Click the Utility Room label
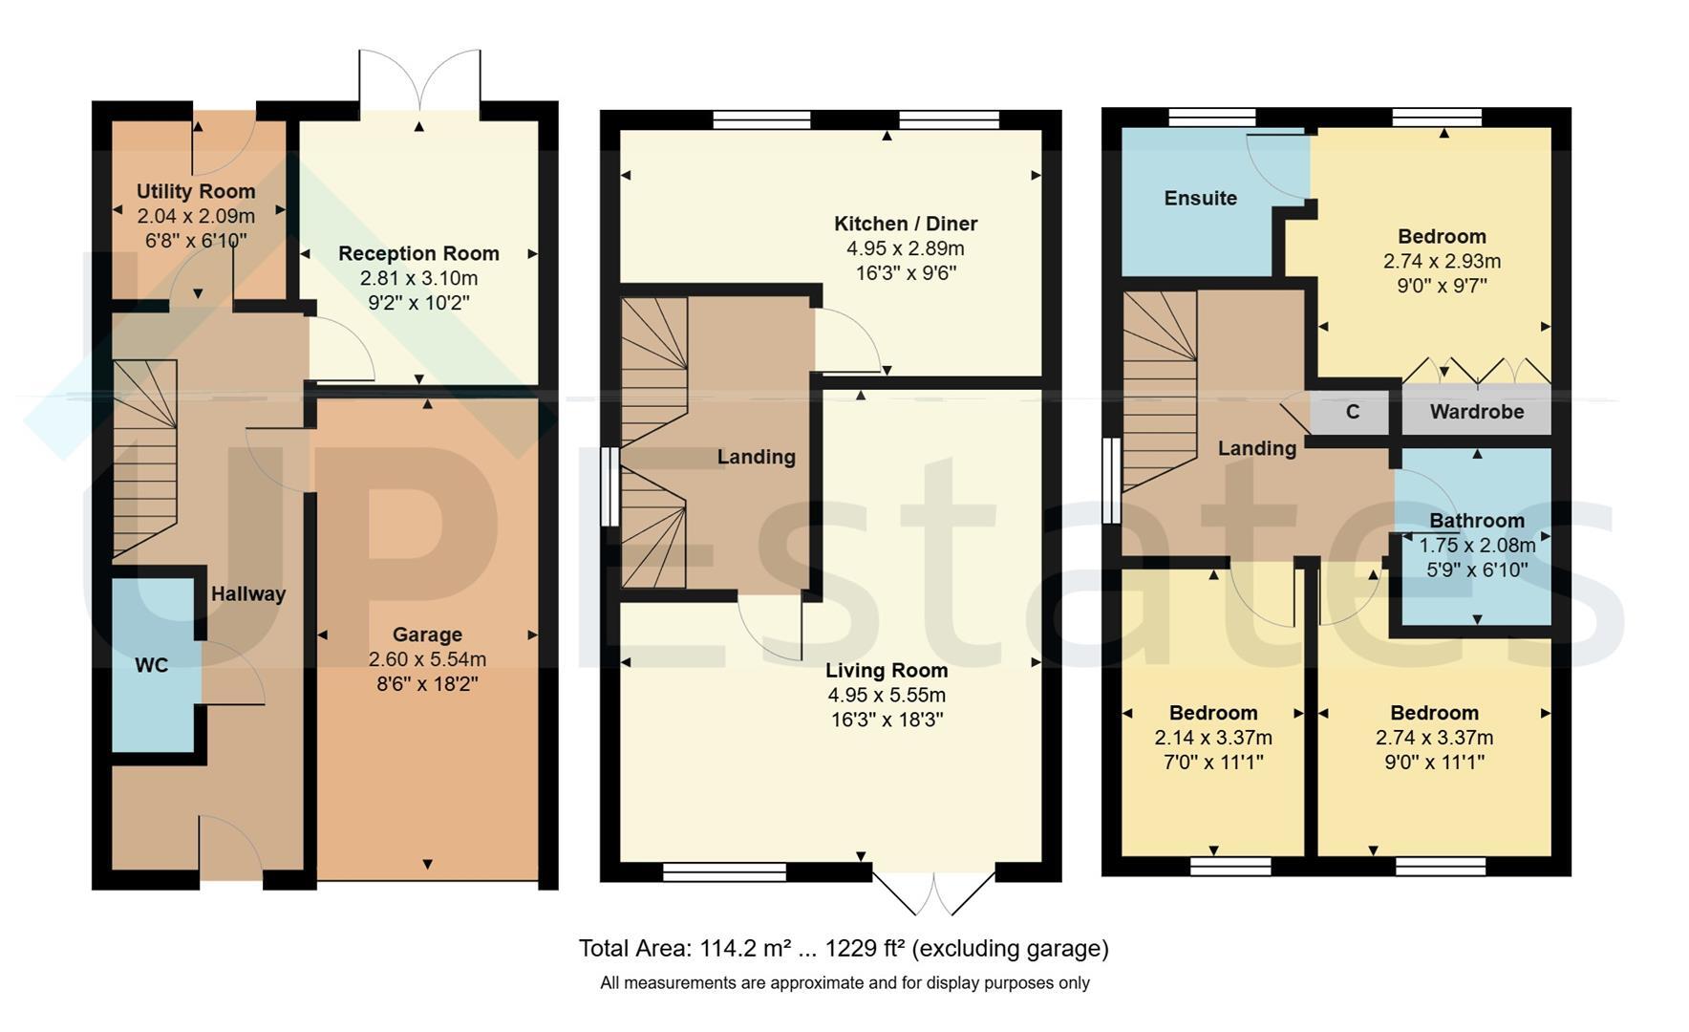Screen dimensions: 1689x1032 click(196, 191)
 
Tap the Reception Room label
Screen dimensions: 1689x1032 click(418, 253)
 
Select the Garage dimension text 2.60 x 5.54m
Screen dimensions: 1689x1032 click(427, 659)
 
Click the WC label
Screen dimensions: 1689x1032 click(152, 665)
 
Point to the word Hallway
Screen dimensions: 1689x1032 click(248, 593)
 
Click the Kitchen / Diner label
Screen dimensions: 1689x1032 click(906, 224)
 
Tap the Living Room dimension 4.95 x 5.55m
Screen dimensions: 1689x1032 click(887, 695)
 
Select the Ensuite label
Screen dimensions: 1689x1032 click(1201, 198)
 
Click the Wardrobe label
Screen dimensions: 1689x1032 click(1477, 412)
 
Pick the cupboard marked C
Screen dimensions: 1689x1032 click(1353, 412)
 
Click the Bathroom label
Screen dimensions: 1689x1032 click(1477, 521)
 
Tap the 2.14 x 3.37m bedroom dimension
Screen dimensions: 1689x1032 click(1213, 738)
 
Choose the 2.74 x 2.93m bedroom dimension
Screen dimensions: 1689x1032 click(1442, 261)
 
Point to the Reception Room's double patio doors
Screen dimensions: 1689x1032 click(418, 81)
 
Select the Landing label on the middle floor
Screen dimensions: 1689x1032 click(757, 457)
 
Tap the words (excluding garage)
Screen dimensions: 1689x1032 click(1011, 949)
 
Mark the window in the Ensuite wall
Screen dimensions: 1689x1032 click(1212, 117)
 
